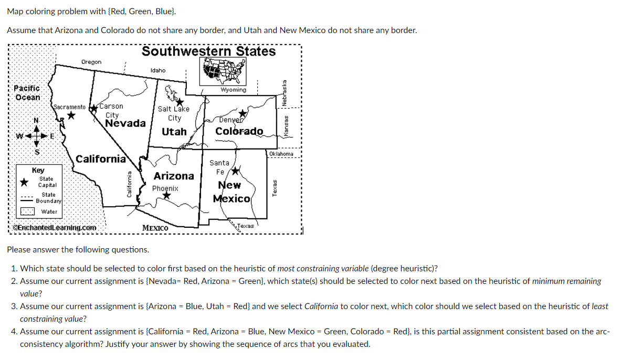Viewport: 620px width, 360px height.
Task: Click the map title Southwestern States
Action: pyautogui.click(x=208, y=51)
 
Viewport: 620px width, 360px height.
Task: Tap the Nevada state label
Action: pyautogui.click(x=125, y=123)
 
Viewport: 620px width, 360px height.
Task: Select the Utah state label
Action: pyautogui.click(x=174, y=132)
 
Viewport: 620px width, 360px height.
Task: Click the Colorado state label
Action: pyautogui.click(x=239, y=131)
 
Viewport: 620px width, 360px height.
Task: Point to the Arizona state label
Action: pyautogui.click(x=174, y=176)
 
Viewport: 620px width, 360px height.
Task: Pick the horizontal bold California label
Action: pyautogui.click(x=101, y=159)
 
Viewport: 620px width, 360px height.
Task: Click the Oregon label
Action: pyautogui.click(x=91, y=62)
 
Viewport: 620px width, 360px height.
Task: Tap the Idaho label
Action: pyautogui.click(x=157, y=70)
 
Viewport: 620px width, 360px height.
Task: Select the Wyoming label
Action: pyautogui.click(x=234, y=90)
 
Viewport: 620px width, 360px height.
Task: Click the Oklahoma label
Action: pyautogui.click(x=281, y=154)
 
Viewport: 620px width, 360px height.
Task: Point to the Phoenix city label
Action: pyautogui.click(x=165, y=188)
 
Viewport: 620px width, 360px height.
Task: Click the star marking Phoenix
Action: pyautogui.click(x=166, y=196)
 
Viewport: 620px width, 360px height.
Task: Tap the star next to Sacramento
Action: pyautogui.click(x=71, y=115)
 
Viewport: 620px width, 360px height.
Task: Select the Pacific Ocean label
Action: pyautogui.click(x=27, y=93)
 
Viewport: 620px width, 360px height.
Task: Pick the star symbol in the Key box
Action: pyautogui.click(x=24, y=182)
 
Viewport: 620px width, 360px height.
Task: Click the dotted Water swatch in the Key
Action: pyautogui.click(x=27, y=211)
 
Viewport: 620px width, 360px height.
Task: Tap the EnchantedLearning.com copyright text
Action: pyautogui.click(x=54, y=228)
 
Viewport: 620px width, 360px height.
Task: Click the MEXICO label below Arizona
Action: pyautogui.click(x=155, y=228)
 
